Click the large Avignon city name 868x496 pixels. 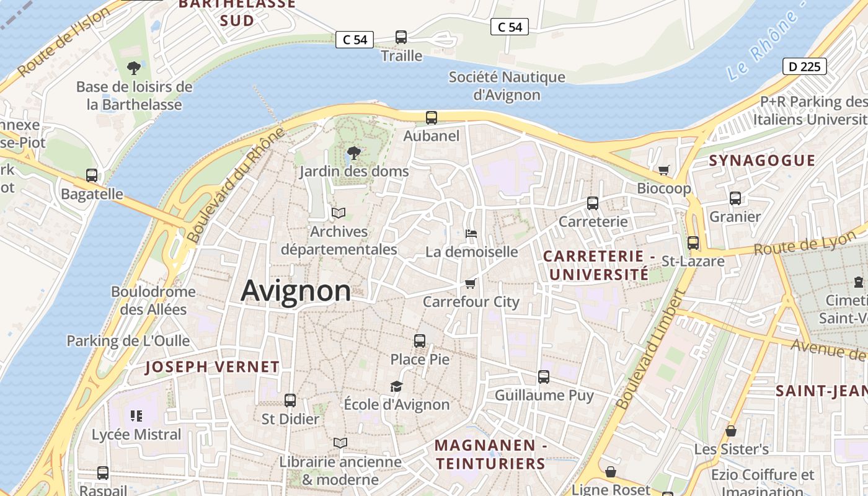tap(296, 291)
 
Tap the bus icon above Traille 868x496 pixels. tap(401, 37)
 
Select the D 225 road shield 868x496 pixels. tap(804, 66)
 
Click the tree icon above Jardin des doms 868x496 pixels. tap(353, 152)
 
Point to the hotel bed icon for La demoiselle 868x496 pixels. tap(471, 234)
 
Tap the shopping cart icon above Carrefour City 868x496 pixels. tap(471, 283)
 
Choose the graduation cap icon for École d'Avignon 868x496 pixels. tap(396, 386)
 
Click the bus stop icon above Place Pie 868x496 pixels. tap(420, 340)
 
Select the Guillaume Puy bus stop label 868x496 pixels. tap(544, 395)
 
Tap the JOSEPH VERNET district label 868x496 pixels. tap(212, 367)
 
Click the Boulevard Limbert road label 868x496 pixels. tap(649, 350)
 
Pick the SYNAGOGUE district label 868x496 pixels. tap(762, 160)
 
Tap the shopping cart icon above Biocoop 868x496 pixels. tap(664, 170)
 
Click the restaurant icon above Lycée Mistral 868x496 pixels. tap(136, 415)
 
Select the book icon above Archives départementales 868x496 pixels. tap(338, 213)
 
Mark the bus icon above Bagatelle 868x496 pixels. tap(92, 175)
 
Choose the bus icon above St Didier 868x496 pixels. tap(290, 401)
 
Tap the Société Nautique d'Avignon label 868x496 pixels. tap(507, 86)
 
